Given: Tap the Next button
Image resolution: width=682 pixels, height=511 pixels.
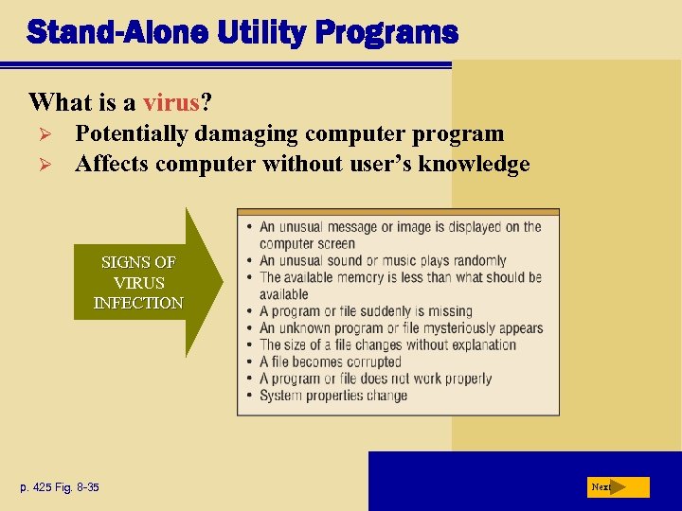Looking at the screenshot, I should click(617, 486).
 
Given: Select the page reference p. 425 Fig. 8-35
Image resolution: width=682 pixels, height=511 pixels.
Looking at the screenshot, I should click(60, 487).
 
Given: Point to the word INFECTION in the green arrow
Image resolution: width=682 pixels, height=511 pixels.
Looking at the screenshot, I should click(138, 303).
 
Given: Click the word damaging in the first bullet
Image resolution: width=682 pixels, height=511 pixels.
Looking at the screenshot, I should click(240, 134).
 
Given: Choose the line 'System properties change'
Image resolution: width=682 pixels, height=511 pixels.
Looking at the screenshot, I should click(333, 396).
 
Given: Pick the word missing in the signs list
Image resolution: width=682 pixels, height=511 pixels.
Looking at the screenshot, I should click(449, 311).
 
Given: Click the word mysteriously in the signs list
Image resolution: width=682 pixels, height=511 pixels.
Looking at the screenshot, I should click(450, 328).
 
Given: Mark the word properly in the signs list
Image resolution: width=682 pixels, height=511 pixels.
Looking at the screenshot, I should click(465, 379).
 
